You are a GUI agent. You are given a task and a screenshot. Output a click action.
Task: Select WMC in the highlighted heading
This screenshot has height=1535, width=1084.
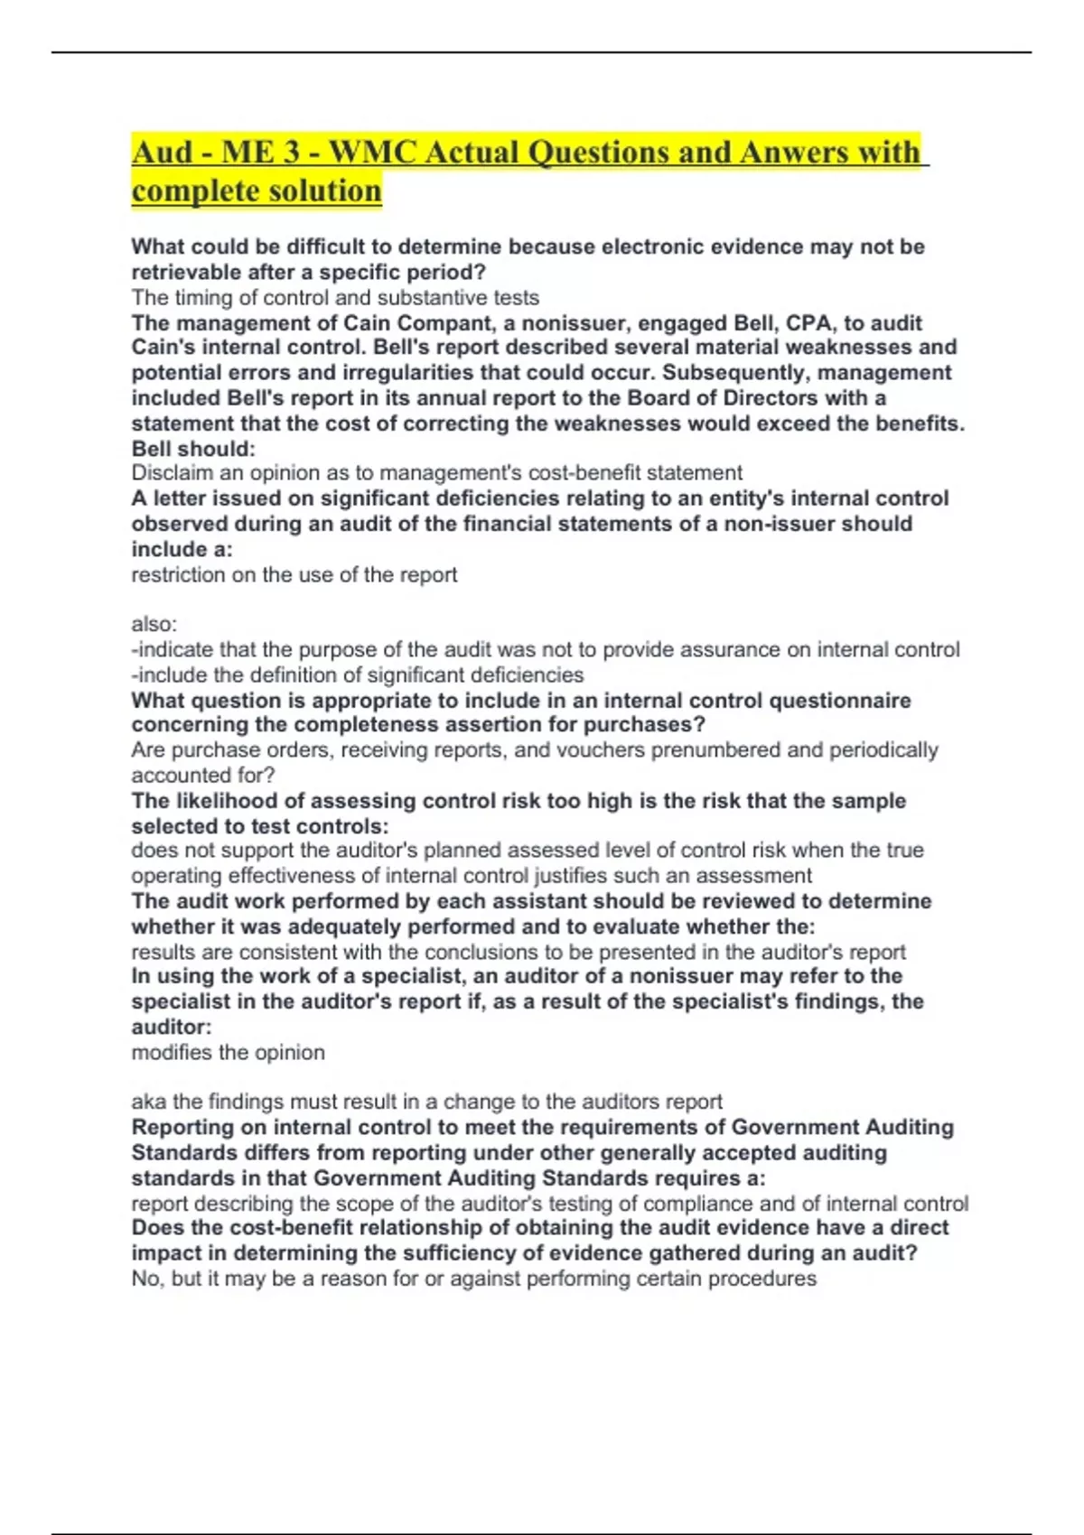pos(371,152)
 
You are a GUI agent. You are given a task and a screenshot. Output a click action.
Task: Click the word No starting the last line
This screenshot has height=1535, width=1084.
pos(145,1279)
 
